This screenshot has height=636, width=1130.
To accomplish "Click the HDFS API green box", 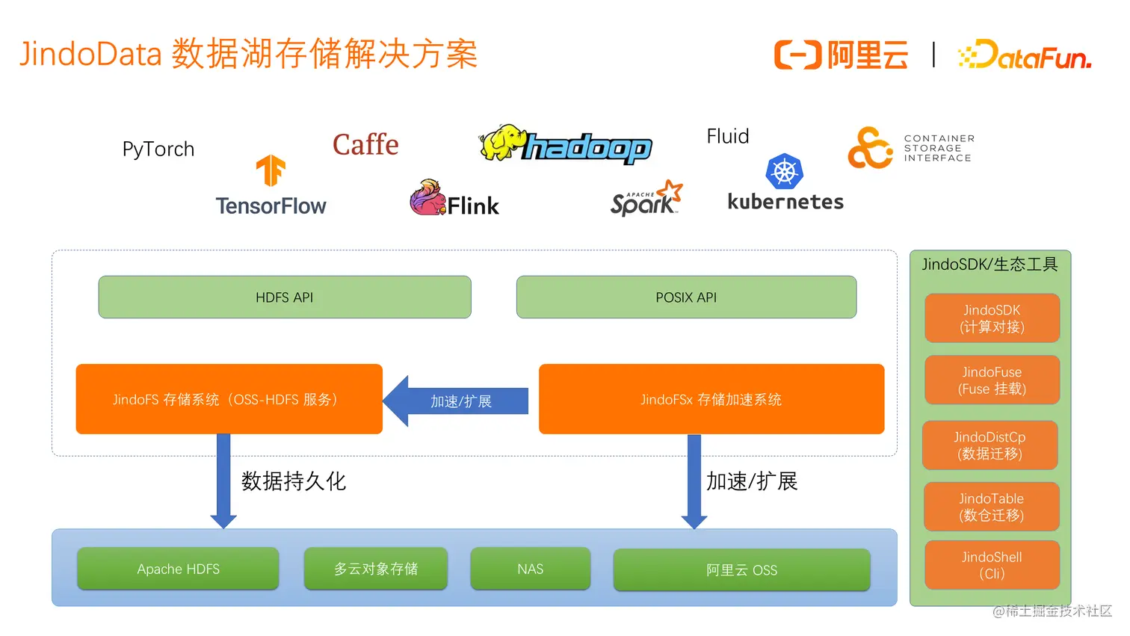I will tap(285, 297).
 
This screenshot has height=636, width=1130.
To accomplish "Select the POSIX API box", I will tap(686, 297).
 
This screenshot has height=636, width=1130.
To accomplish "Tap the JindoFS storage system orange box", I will tap(229, 399).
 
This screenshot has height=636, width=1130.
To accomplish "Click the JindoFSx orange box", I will tap(711, 399).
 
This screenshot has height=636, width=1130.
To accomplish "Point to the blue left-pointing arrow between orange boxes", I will tap(456, 401).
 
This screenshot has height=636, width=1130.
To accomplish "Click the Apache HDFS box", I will tap(178, 569).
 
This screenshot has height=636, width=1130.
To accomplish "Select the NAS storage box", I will tap(530, 569).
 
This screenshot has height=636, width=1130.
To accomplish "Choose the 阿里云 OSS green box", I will tap(741, 570).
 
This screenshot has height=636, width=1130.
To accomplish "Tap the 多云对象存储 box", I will tap(375, 569).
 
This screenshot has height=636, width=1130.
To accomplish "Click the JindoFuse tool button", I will tap(992, 380).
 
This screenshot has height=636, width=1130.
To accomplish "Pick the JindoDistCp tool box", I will tap(989, 445).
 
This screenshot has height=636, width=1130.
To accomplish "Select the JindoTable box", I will tap(991, 507).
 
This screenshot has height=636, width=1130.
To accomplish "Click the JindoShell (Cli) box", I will tap(992, 565).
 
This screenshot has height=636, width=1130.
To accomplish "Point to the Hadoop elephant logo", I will tap(500, 143).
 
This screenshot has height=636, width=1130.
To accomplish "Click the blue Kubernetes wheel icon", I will tap(784, 172).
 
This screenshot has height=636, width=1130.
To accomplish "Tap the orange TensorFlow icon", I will tap(271, 170).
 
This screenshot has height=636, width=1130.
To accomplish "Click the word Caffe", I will tap(365, 144).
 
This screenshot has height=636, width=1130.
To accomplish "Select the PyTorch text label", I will tap(158, 149).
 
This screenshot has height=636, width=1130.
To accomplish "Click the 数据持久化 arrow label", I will tap(294, 481).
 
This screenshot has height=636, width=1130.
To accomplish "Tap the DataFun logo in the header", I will tap(1025, 55).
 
